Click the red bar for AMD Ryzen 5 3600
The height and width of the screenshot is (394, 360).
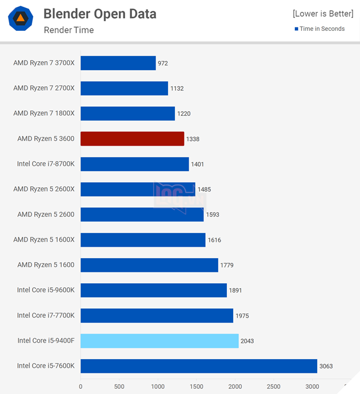[132, 139]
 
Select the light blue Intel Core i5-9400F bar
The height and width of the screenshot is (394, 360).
[159, 341]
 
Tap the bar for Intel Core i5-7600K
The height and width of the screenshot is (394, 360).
[199, 366]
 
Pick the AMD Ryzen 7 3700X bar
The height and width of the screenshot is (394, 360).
[118, 63]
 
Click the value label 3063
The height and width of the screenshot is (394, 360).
[326, 366]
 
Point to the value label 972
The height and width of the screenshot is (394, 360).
[163, 63]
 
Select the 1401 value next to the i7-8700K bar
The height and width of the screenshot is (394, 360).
[197, 164]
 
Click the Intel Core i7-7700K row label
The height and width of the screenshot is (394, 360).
[46, 315]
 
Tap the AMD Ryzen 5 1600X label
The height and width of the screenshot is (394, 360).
[44, 240]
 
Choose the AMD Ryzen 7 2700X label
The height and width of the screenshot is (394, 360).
[44, 89]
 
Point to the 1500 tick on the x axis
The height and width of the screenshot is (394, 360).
[196, 387]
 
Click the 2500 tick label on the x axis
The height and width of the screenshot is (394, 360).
[273, 387]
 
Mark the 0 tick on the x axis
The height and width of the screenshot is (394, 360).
[81, 387]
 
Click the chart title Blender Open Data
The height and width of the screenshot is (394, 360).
[99, 14]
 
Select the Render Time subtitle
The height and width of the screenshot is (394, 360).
[69, 30]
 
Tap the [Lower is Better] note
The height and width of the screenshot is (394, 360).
[323, 14]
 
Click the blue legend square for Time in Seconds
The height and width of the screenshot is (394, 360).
[296, 29]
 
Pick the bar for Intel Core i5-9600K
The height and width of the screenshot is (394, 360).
[154, 290]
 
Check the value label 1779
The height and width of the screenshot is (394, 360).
[227, 265]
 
